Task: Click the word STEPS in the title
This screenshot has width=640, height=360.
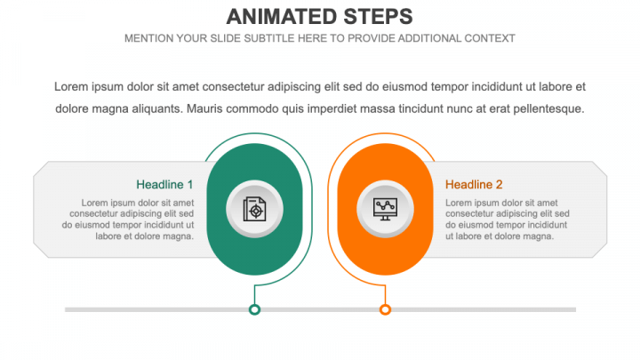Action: (x=378, y=17)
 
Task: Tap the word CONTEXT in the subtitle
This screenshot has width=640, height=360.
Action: (x=490, y=38)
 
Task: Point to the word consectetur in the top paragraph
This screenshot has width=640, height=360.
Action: (x=233, y=87)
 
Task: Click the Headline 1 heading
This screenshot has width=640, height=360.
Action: (x=164, y=185)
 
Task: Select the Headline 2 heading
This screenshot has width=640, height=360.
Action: (x=474, y=185)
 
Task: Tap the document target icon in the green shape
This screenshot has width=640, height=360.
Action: (x=255, y=209)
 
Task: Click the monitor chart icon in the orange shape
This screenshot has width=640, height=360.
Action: (x=385, y=209)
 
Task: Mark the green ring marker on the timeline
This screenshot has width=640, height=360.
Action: (x=255, y=310)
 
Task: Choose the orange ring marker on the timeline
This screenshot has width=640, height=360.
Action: (x=385, y=310)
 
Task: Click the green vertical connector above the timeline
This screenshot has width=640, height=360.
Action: (x=255, y=295)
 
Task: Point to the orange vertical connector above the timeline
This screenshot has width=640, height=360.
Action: (x=385, y=295)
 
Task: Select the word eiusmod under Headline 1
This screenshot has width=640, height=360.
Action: (x=93, y=225)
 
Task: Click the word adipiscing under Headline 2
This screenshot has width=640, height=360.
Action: (x=525, y=214)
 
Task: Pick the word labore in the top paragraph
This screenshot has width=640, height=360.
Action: (x=556, y=87)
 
